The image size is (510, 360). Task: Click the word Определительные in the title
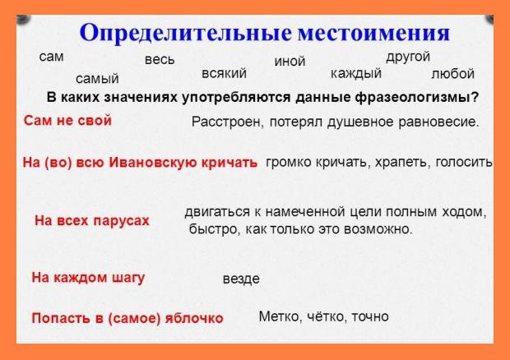pos(185,34)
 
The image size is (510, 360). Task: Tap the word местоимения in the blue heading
pos(374,34)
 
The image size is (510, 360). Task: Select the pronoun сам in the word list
pos(51,57)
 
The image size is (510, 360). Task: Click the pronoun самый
pos(97,79)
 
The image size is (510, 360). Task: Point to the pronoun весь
pos(160,60)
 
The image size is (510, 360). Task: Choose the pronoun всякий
pos(224,73)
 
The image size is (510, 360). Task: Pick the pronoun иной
pos(290,62)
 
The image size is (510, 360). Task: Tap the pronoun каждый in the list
pos(356,74)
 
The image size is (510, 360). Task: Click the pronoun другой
pos(408,58)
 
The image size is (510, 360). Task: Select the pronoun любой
pos(452,74)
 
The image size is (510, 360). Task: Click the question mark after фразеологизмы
pos(475,97)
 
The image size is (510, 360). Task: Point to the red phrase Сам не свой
pos(67,121)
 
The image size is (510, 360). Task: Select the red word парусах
pos(121,221)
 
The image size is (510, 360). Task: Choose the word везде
pos(241,279)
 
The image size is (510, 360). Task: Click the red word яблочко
pos(194,318)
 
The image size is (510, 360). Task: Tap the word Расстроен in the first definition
pos(227,122)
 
